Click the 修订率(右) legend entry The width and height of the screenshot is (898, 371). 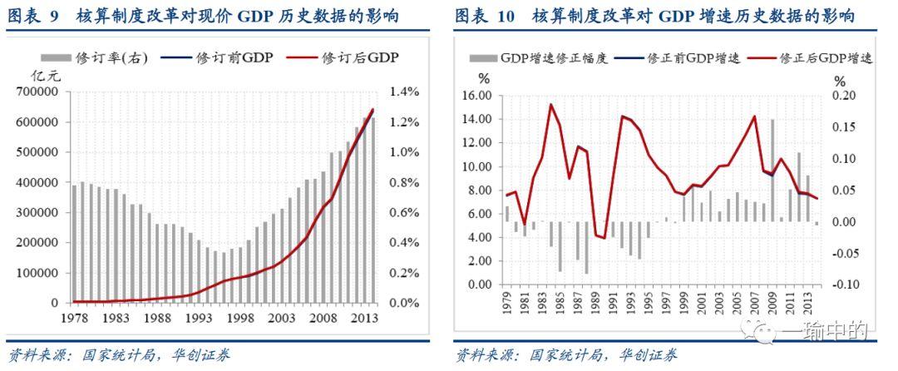99,58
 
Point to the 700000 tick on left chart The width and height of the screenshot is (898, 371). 35,92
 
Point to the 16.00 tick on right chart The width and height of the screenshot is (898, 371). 477,96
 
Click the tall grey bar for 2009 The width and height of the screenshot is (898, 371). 772,171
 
